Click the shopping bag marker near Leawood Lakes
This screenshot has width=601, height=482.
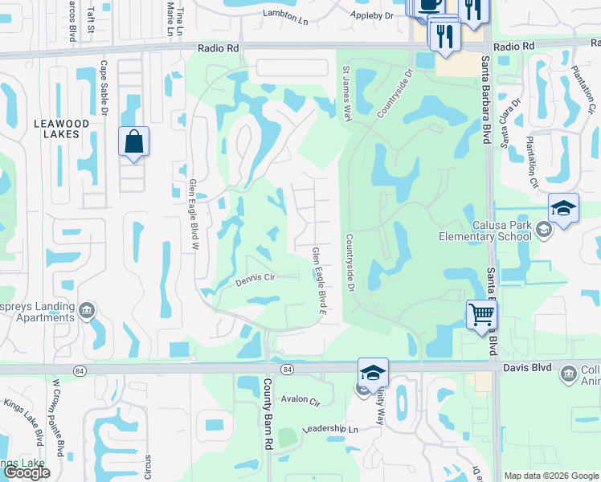point(134,142)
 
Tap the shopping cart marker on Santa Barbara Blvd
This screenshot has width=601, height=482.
point(481,313)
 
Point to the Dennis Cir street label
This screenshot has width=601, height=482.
point(256,280)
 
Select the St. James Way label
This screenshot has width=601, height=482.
point(347,95)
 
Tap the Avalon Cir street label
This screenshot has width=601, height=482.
point(300,399)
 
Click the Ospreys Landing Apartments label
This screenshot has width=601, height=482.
point(37,312)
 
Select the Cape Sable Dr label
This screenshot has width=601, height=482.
point(104,91)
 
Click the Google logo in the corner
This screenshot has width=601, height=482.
point(27,472)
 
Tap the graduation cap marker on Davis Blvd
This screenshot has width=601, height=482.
point(373,372)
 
